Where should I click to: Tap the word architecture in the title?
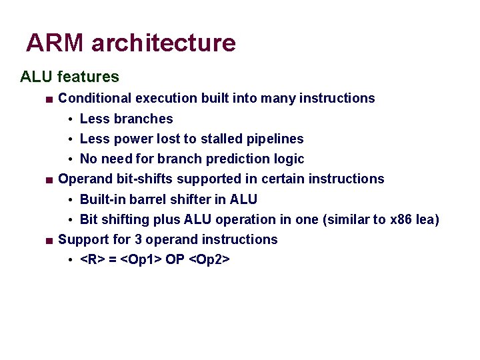click(x=163, y=43)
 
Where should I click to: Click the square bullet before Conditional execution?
click(x=49, y=99)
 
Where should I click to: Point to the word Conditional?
click(x=95, y=99)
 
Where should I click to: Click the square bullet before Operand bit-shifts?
click(x=49, y=180)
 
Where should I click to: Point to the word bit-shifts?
click(x=136, y=179)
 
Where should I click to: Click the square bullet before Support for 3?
click(x=49, y=240)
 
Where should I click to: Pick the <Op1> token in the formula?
click(x=137, y=259)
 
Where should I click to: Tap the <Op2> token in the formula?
click(x=210, y=259)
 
